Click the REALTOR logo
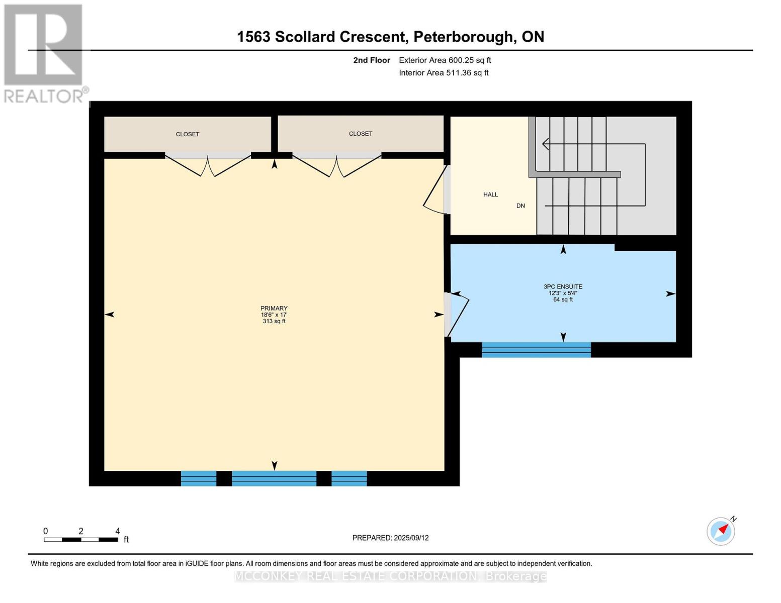(44, 53)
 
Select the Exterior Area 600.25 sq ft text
(445, 60)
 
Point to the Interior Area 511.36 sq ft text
(444, 73)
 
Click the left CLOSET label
(188, 134)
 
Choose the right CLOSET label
(361, 134)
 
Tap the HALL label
(490, 194)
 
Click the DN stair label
(520, 206)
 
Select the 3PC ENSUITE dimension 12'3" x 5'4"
(563, 293)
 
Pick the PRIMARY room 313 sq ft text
(274, 321)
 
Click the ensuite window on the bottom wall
(536, 350)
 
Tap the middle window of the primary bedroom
(274, 478)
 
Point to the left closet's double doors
(208, 164)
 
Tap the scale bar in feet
(81, 539)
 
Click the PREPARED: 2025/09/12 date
(390, 538)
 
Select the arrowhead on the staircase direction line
(546, 144)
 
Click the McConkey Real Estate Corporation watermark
(390, 576)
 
